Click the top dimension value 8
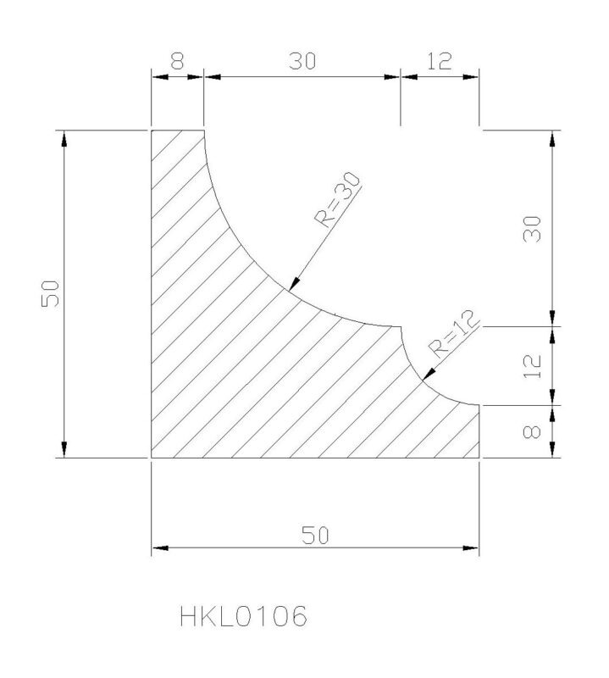[x=177, y=61]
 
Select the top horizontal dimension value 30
[x=302, y=61]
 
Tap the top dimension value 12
[x=439, y=61]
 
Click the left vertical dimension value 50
[x=50, y=293]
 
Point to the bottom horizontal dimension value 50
[x=315, y=536]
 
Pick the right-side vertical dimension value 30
[x=532, y=229]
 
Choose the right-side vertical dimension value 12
[x=532, y=366]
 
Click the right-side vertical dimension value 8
[x=532, y=432]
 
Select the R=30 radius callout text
[x=338, y=200]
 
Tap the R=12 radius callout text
[x=454, y=334]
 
